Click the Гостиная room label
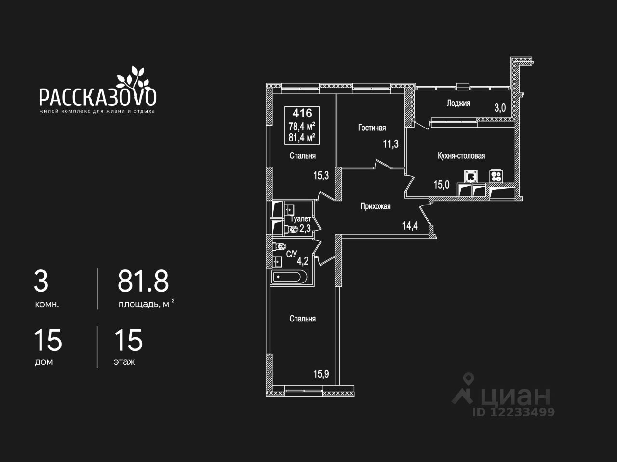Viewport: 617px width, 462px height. [x=372, y=128]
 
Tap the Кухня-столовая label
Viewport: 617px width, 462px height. [x=461, y=155]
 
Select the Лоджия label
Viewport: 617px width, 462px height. [x=458, y=103]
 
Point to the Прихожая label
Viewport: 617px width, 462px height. [x=376, y=206]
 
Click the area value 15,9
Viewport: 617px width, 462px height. [x=321, y=374]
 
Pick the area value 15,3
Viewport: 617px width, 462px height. [x=321, y=176]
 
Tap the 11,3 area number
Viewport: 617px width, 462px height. [x=391, y=144]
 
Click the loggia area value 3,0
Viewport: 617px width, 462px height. [x=500, y=108]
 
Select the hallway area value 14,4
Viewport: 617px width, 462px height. [x=410, y=226]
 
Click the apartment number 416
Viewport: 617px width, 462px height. [x=302, y=113]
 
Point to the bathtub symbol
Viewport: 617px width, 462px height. [x=289, y=277]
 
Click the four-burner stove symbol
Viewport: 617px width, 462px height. [x=496, y=176]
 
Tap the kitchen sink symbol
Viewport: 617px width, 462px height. [x=470, y=177]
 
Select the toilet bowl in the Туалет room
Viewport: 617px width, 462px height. [x=292, y=230]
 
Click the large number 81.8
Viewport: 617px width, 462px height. [x=143, y=281]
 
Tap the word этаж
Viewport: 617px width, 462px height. [x=124, y=362]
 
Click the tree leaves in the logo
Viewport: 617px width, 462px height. [x=133, y=77]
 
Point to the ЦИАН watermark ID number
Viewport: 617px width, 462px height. [x=513, y=412]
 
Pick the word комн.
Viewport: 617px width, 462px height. [x=47, y=304]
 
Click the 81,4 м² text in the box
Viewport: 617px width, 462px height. [x=302, y=138]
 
